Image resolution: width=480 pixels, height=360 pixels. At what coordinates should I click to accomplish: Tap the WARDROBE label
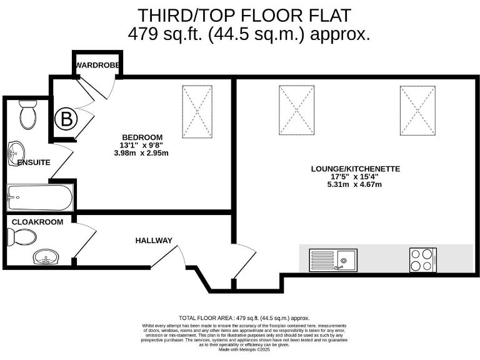96,66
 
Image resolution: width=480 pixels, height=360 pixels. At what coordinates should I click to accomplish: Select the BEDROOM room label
142,137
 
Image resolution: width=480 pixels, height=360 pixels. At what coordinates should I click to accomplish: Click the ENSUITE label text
34,162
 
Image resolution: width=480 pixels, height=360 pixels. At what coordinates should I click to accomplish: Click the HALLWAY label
154,241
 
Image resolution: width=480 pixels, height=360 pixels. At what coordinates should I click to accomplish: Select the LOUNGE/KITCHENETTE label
355,169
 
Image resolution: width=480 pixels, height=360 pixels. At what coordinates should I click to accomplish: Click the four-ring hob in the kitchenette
423,259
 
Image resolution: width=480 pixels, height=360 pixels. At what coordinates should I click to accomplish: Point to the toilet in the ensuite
28,115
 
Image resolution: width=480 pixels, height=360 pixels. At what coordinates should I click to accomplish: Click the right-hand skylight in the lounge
417,109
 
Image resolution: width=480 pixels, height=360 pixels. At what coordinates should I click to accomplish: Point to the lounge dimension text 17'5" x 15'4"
355,176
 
